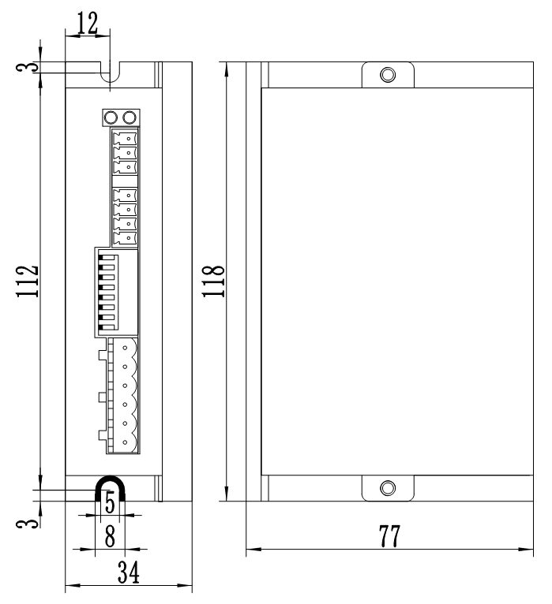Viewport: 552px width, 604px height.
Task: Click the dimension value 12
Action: [x=88, y=23]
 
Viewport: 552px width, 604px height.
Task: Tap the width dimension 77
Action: [x=388, y=538]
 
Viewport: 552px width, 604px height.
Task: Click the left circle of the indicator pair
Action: [x=111, y=118]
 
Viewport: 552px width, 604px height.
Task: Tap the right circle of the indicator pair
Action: [x=130, y=118]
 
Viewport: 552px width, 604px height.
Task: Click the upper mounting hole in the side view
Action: [x=387, y=75]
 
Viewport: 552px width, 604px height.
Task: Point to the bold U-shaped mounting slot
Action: [x=110, y=488]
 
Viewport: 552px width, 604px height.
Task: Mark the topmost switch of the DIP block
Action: [x=105, y=256]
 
